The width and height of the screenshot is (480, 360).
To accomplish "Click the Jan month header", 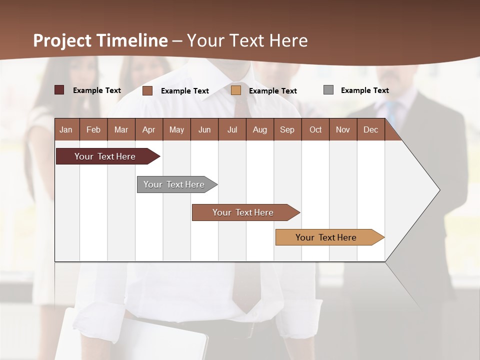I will tap(66, 129).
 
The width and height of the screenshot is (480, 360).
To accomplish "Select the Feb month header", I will tap(93, 129).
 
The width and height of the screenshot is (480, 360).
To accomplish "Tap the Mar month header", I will tap(121, 129).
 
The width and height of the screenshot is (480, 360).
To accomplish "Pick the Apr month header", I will tap(148, 129).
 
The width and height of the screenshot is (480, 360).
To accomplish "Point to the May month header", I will tap(176, 129).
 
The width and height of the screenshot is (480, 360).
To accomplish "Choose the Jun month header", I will tap(204, 129).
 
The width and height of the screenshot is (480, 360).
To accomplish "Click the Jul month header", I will tap(232, 129).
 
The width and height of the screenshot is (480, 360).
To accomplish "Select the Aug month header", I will tap(259, 129).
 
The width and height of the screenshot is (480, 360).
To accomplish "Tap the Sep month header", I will tap(287, 129).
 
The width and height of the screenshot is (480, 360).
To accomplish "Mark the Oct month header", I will tap(315, 129).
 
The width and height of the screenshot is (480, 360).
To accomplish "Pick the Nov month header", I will tap(343, 129).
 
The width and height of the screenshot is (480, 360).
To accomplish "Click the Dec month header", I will tap(370, 129).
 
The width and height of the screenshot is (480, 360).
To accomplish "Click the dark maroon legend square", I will tap(59, 90).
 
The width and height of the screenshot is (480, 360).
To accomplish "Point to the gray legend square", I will tap(328, 90).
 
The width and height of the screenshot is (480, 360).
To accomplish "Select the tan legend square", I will tap(236, 90).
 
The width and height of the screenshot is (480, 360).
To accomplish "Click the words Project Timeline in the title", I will tap(100, 40).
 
